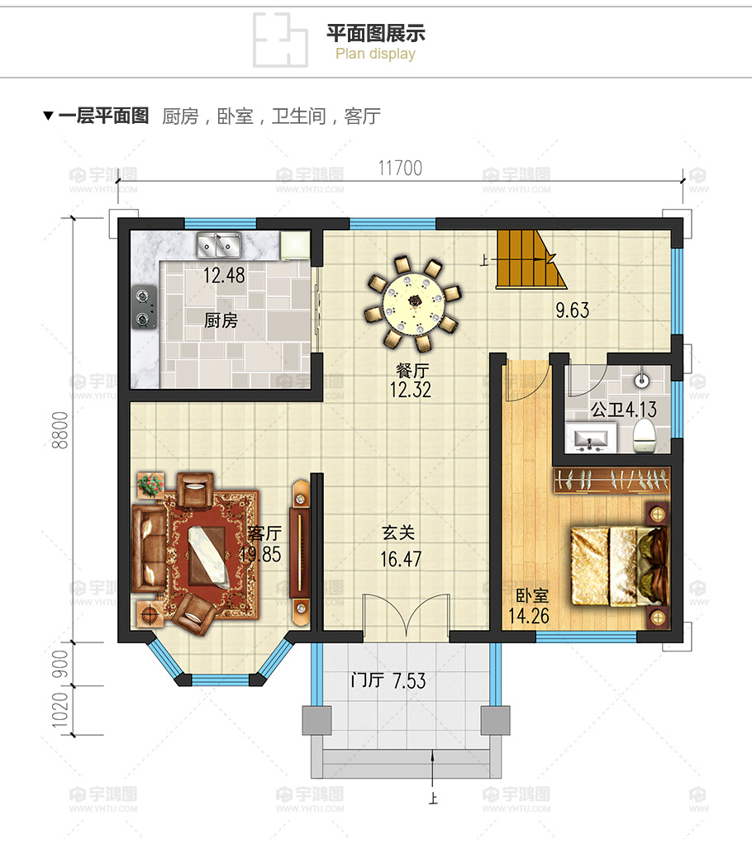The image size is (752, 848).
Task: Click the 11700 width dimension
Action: tap(400, 168)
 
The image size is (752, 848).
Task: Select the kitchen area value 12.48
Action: tap(224, 276)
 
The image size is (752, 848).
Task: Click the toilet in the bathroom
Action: tap(643, 436)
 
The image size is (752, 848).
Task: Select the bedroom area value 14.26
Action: tap(529, 614)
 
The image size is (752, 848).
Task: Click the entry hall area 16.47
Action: tap(401, 559)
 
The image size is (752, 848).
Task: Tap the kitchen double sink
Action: tap(217, 244)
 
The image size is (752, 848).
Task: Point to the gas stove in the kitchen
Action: tap(145, 307)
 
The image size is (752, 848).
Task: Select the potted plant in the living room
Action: tap(151, 485)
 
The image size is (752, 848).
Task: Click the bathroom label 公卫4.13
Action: tap(621, 408)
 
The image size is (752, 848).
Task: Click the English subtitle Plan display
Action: tap(375, 54)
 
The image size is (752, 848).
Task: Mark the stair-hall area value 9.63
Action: tap(572, 310)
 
